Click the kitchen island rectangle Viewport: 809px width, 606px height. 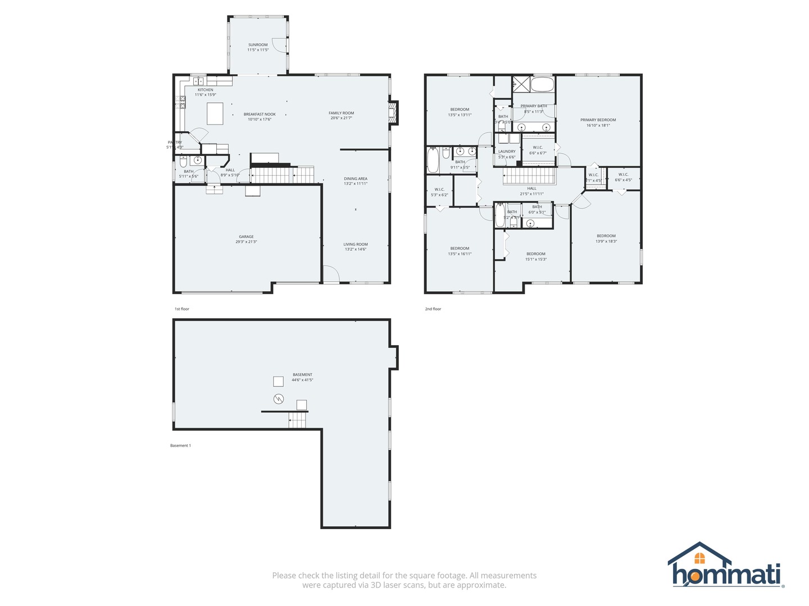[215, 113]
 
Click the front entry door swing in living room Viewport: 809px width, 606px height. [331, 274]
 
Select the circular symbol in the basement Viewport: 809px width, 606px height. [279, 399]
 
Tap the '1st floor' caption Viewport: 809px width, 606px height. [182, 309]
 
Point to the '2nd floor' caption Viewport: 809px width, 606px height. [433, 309]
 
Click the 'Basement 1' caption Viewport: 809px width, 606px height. [180, 446]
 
